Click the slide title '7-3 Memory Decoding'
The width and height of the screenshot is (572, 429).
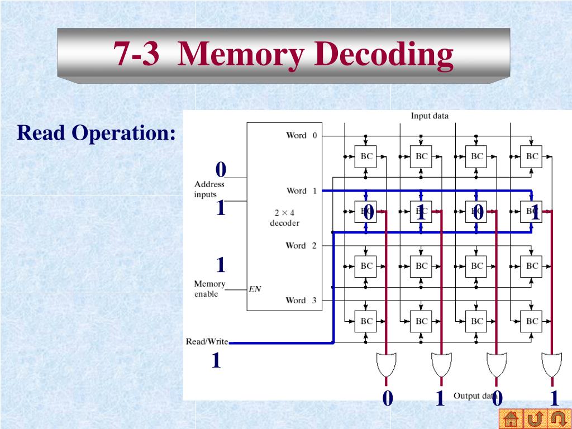coord(283,55)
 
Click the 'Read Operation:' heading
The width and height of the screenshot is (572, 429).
coord(97,133)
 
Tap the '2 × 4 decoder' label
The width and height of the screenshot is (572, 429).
coord(284,218)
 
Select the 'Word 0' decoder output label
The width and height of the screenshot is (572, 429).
coord(301,135)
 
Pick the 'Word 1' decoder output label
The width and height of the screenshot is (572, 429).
coord(301,190)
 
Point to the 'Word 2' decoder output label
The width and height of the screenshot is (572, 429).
coord(301,245)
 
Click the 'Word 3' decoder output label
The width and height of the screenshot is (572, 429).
coord(301,300)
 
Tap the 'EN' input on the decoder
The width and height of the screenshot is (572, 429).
coord(255,289)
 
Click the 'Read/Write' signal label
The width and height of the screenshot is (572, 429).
coord(207,341)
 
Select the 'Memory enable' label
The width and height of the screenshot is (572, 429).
coord(209,289)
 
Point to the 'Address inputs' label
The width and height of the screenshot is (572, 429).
coord(209,189)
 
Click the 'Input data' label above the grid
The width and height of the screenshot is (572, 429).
coord(430,116)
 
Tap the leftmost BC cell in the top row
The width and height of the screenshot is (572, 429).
coord(366,156)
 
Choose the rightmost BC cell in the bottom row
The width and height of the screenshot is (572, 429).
coord(532,321)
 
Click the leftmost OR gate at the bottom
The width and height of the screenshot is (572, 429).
coord(385,365)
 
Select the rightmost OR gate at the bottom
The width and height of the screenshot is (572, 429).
coord(551,365)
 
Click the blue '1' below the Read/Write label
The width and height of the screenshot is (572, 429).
coord(216,361)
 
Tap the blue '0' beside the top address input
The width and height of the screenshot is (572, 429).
coord(221,169)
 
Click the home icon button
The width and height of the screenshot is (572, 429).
coord(511,418)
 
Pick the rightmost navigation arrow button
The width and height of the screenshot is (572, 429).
coord(558,418)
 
